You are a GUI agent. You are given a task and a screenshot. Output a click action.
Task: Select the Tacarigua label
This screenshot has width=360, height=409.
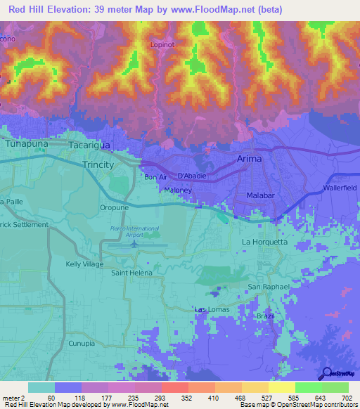pos(90,145)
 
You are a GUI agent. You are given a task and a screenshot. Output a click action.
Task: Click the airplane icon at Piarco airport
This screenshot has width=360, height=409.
pos(134,245)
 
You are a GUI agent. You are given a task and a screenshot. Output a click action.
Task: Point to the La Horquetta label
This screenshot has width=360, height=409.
pos(264,242)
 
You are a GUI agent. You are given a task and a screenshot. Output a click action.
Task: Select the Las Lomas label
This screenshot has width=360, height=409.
pos(210,309)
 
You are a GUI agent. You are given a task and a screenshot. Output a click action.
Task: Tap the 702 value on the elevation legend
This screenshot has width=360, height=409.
pos(347,397)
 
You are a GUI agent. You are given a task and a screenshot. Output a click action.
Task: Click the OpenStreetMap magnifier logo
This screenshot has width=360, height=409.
pos(326,372)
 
